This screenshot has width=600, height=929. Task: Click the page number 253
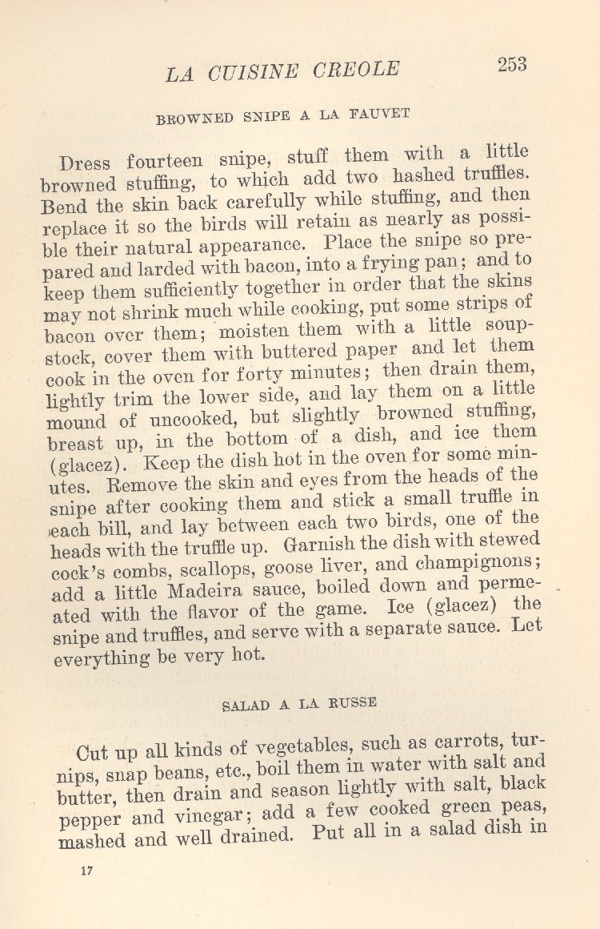click(512, 66)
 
